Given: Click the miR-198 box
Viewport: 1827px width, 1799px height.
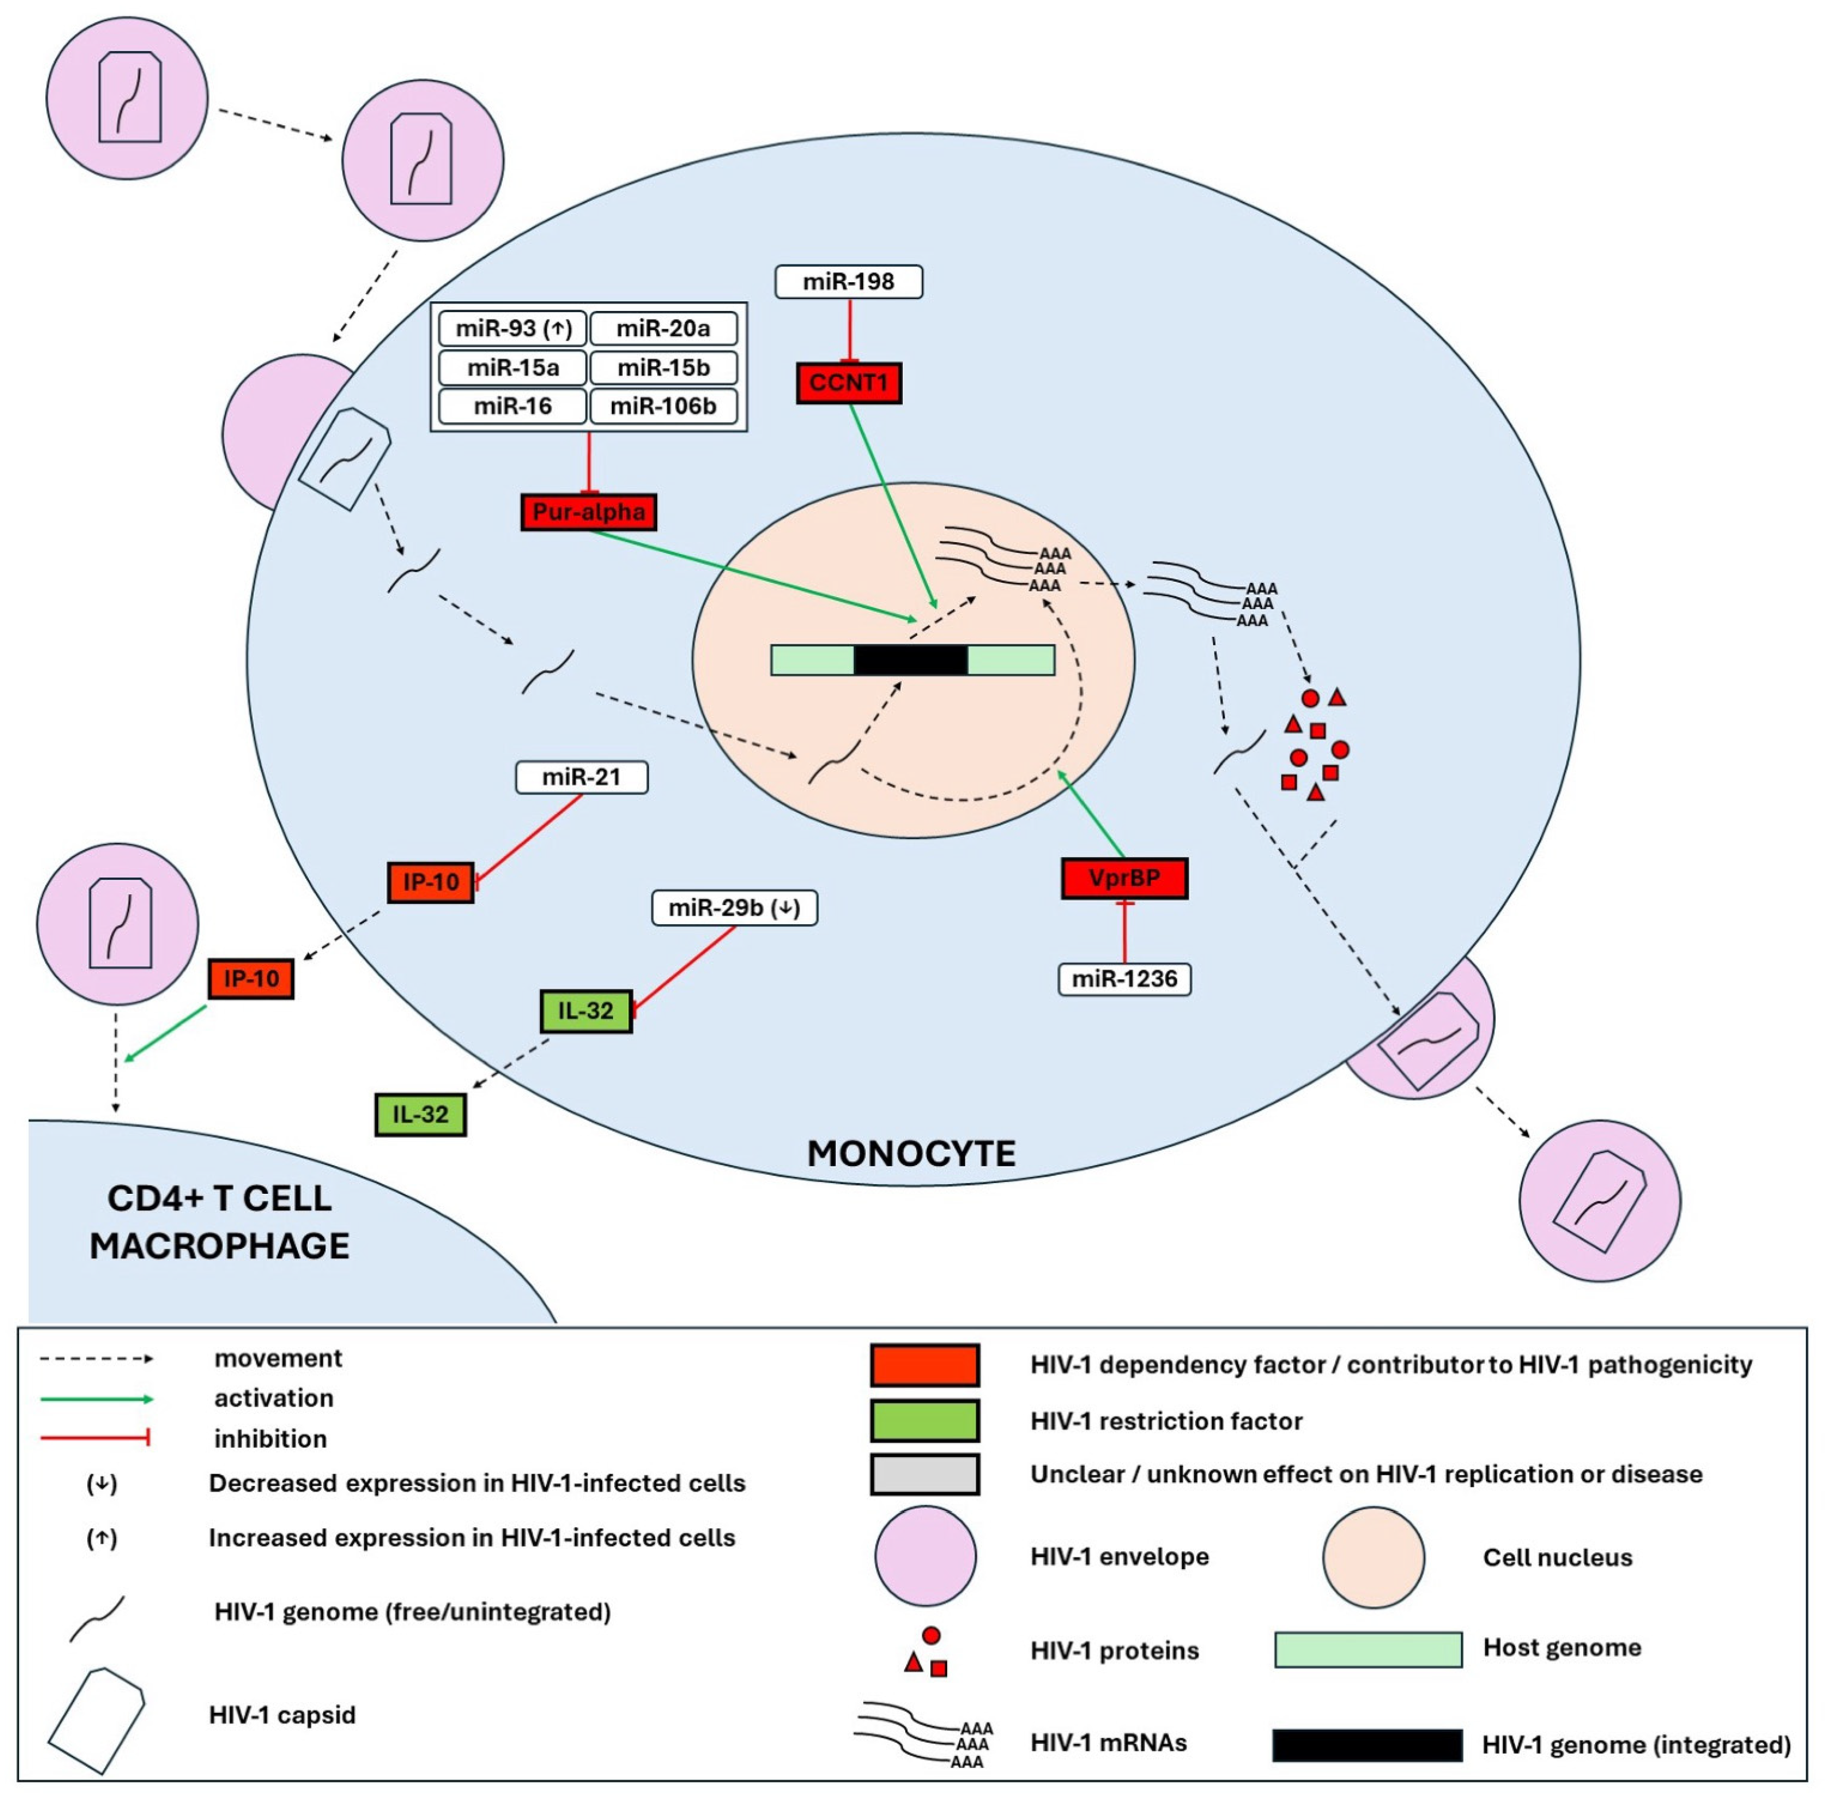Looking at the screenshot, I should point(848,282).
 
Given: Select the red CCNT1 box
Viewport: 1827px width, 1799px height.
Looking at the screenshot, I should point(848,383).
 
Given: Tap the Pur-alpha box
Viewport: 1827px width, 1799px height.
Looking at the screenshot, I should point(588,512).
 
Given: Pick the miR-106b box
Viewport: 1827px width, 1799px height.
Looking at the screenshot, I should point(662,406).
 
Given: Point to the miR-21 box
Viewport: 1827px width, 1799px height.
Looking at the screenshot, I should point(581,777).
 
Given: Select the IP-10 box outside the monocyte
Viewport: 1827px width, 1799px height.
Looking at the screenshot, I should point(250,978).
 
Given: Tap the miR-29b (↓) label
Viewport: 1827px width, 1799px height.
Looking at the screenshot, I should point(734,908).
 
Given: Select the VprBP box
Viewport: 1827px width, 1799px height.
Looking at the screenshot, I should point(1124,878).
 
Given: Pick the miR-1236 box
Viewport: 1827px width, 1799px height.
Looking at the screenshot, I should point(1124,979).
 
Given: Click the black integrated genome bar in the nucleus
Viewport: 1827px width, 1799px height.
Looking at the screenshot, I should point(910,660).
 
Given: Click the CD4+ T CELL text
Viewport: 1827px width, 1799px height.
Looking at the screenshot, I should point(219,1198).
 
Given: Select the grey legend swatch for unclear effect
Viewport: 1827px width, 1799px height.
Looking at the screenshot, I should point(924,1474).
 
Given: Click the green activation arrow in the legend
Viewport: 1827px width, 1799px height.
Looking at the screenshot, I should point(95,1399).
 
